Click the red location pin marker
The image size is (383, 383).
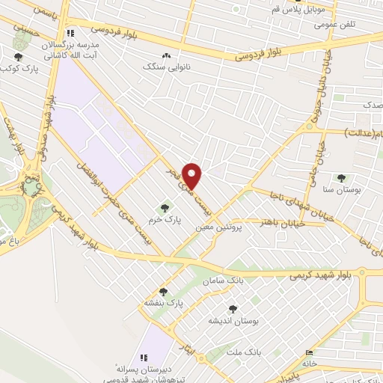[x=193, y=175]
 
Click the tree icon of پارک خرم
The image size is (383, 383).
[x=165, y=207]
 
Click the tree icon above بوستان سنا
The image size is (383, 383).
[x=342, y=178]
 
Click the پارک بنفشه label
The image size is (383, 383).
[x=164, y=304]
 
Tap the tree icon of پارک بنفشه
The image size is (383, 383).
[x=163, y=292]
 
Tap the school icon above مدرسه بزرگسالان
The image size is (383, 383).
[x=70, y=33]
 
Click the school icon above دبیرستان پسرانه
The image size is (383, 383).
[x=144, y=358]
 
